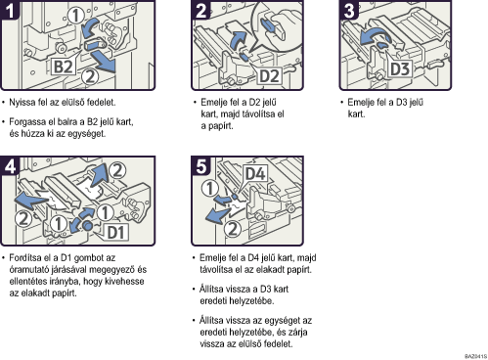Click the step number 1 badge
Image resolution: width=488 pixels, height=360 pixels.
[10, 10]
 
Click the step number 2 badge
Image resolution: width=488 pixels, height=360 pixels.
[201, 10]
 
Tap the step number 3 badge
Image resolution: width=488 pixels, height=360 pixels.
[349, 10]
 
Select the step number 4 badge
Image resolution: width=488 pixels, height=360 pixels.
[10, 165]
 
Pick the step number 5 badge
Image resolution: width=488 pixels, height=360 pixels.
[201, 165]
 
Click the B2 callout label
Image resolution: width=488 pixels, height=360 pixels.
[63, 67]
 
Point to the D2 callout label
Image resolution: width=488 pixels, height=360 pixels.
[269, 76]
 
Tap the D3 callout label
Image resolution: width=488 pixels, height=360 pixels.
[400, 69]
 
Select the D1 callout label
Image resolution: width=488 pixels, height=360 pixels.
[116, 233]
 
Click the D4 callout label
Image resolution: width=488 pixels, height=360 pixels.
[255, 173]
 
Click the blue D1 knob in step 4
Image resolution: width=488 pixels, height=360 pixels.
[87, 225]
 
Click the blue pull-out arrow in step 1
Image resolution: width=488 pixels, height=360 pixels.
[104, 63]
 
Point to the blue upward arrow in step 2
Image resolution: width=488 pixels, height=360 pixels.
[238, 40]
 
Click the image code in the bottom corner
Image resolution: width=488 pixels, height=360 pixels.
[476, 356]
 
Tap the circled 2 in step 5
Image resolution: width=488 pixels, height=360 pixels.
[233, 229]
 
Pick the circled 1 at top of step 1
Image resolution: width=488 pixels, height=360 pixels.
[76, 16]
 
